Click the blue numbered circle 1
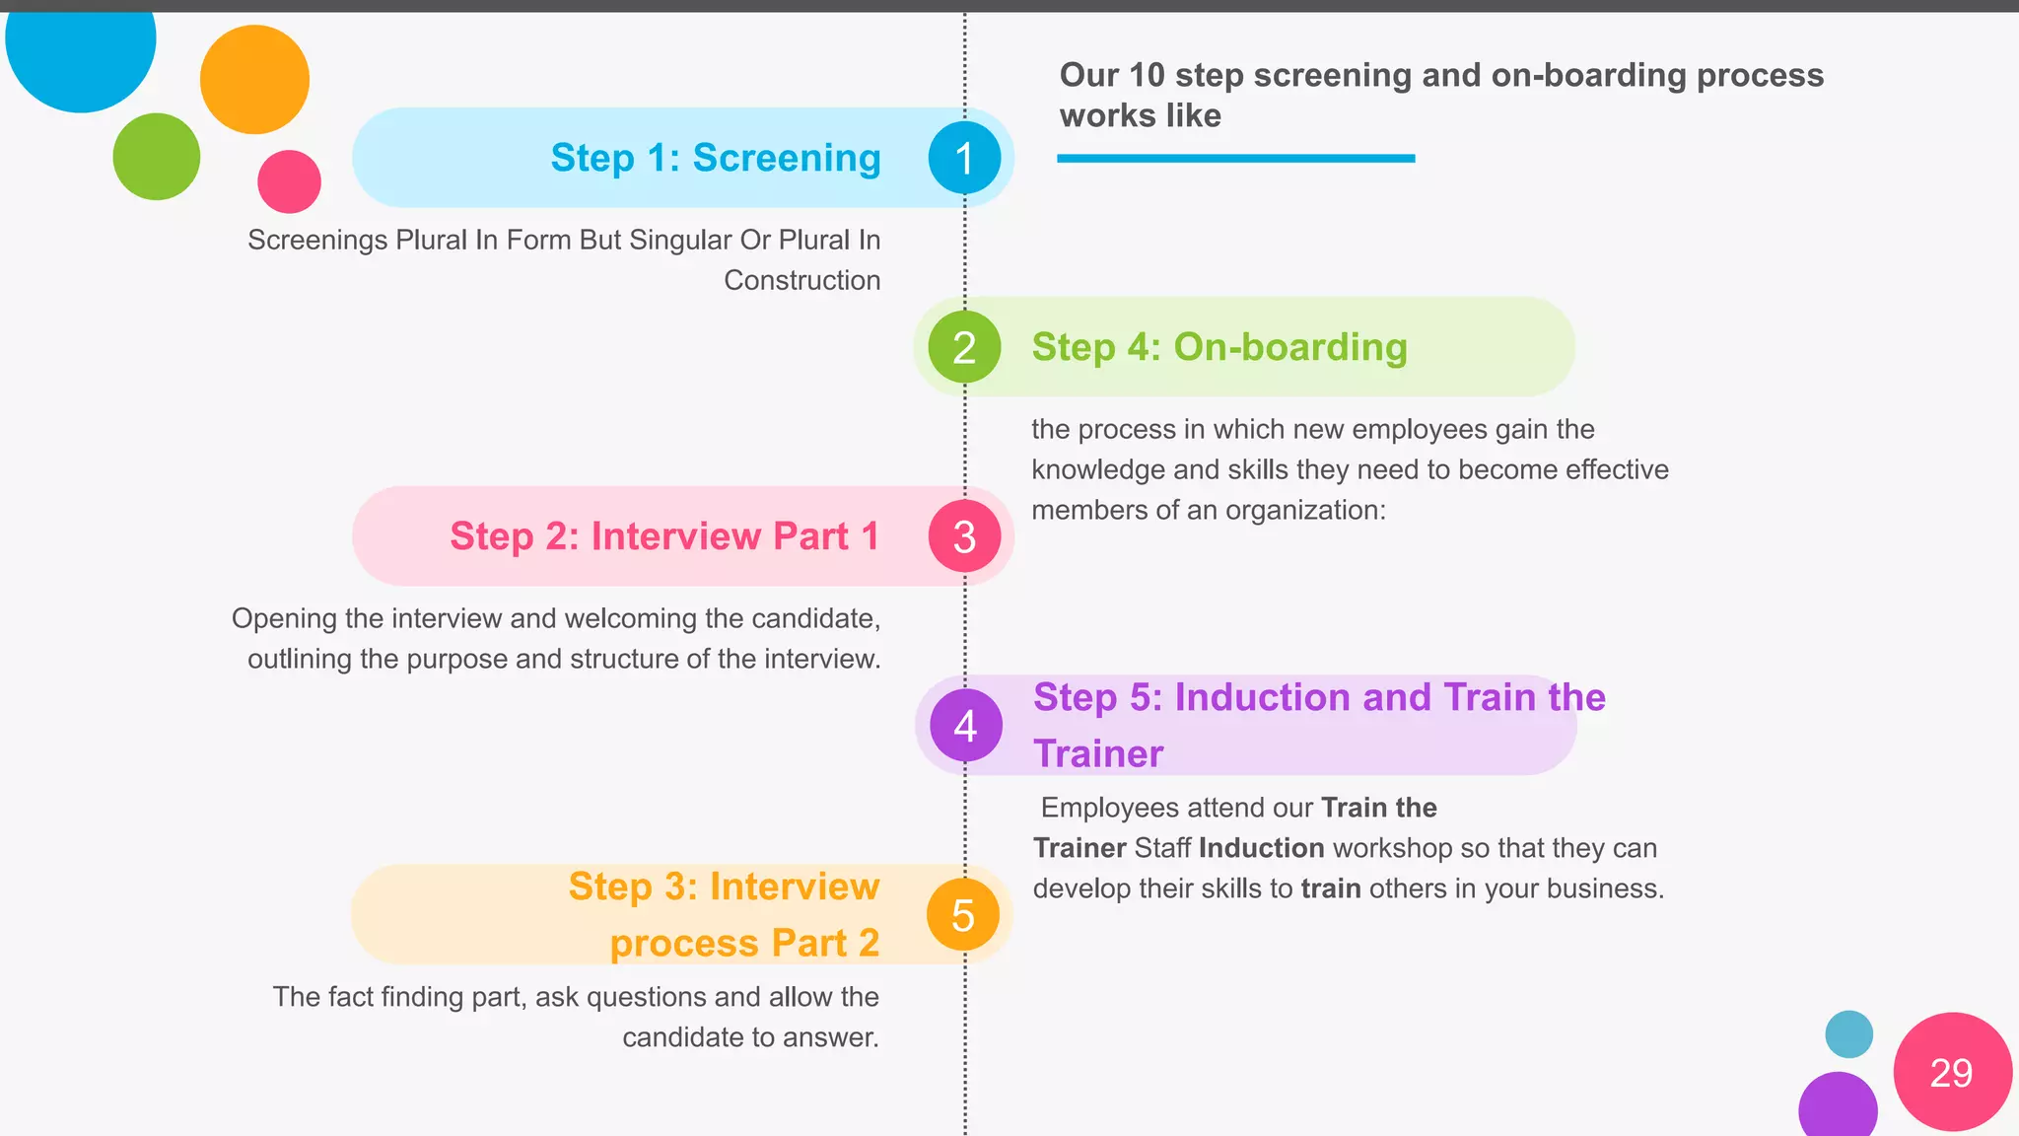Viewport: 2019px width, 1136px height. (x=964, y=158)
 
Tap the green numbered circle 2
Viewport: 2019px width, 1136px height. (x=964, y=347)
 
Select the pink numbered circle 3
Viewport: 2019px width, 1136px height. (x=964, y=536)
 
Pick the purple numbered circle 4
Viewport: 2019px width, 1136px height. (x=965, y=726)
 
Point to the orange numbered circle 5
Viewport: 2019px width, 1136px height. (x=963, y=915)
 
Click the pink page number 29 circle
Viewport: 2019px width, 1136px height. (x=1952, y=1072)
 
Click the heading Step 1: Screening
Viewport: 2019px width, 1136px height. (x=716, y=158)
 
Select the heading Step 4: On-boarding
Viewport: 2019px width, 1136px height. (x=1219, y=347)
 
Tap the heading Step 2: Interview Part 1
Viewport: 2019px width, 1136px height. (x=664, y=536)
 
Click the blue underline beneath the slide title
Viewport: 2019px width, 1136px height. (x=1235, y=158)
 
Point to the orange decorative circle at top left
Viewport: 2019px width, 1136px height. (x=254, y=80)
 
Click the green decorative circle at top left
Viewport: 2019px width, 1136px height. (x=157, y=157)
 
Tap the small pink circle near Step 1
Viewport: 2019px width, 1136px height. (x=289, y=181)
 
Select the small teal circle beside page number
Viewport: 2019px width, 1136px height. (x=1848, y=1034)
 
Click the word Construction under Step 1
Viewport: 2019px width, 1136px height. (x=801, y=281)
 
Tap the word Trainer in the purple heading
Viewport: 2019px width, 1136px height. (x=1098, y=754)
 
